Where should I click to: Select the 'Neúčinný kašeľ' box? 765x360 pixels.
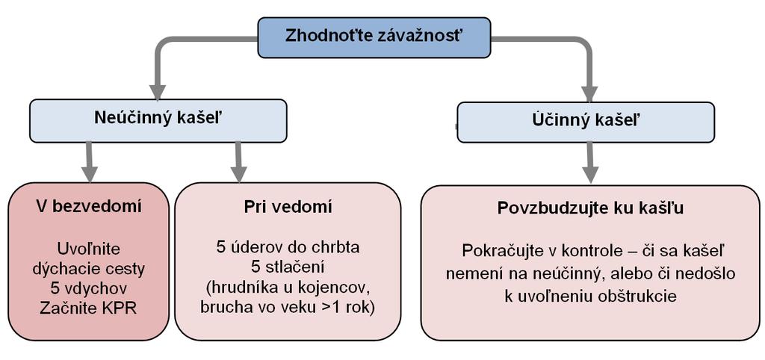click(158, 121)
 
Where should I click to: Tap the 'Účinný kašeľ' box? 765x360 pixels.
click(586, 122)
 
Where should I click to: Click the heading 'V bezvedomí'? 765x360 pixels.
click(88, 207)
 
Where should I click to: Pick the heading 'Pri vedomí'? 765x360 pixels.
click(288, 207)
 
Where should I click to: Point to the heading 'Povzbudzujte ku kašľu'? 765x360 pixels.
click(590, 208)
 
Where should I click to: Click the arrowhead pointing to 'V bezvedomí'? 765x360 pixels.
click(89, 174)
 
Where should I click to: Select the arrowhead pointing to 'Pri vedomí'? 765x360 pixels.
click(238, 174)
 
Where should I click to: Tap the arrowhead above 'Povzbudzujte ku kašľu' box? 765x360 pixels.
click(590, 175)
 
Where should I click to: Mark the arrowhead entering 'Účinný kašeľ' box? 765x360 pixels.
click(590, 93)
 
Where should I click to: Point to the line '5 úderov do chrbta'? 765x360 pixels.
click(288, 247)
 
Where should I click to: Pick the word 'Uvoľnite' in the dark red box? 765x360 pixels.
click(89, 248)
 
